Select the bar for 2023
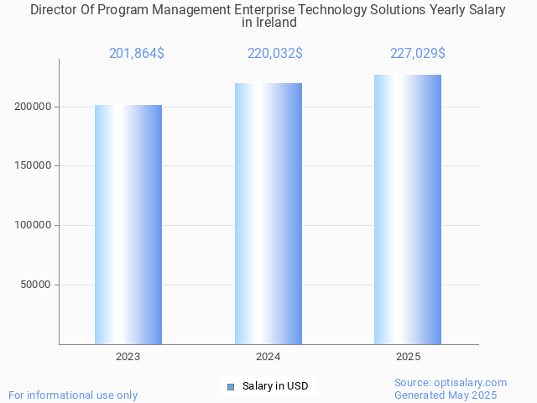(128, 224)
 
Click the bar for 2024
(268, 213)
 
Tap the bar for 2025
(408, 209)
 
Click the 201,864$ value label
(137, 54)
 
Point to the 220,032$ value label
(275, 54)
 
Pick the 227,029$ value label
(417, 54)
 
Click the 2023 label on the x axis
(128, 357)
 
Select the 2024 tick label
(268, 357)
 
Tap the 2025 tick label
(408, 357)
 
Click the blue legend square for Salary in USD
(231, 386)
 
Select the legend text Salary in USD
(275, 386)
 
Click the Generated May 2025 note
(446, 395)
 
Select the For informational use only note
(73, 395)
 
